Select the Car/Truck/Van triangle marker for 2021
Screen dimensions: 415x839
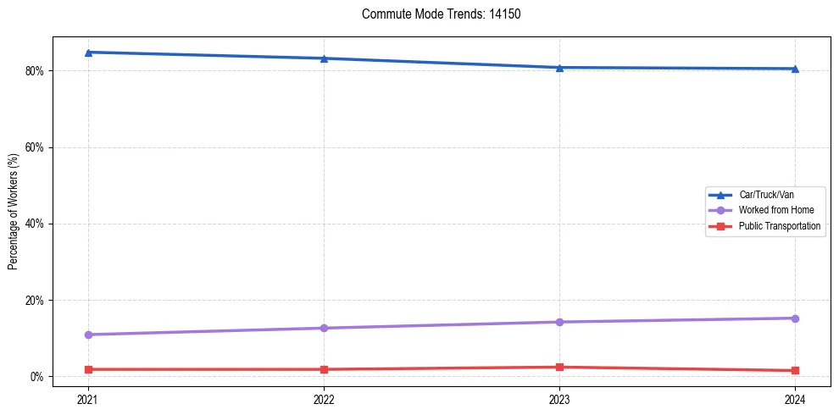tap(88, 53)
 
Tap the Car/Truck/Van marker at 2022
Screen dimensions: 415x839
tap(324, 58)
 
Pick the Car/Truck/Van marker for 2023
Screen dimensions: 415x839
tap(559, 68)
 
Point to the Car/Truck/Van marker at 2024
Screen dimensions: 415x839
tap(795, 69)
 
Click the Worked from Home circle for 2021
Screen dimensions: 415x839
tap(88, 335)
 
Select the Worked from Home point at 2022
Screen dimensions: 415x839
tap(324, 328)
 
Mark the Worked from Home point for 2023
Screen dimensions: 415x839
tap(559, 322)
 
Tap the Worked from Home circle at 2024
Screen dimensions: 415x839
tap(795, 318)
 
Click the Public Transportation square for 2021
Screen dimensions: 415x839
tap(88, 369)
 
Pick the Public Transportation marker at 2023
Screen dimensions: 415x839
tap(559, 367)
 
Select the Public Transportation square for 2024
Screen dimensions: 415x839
tap(795, 370)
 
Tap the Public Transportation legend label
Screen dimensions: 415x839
tap(780, 226)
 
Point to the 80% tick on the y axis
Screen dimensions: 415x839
tap(34, 71)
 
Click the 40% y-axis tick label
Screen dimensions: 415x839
tap(34, 224)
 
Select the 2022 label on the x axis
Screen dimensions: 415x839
tap(324, 398)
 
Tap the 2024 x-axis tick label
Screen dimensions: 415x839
tap(795, 398)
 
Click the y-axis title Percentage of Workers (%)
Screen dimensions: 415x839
tap(13, 212)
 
